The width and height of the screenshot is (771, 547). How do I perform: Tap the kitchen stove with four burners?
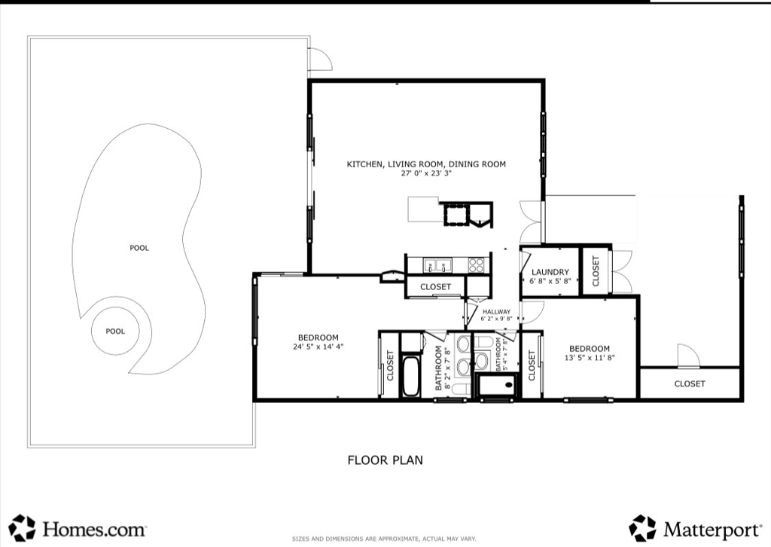(476, 265)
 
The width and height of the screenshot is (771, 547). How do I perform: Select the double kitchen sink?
(438, 265)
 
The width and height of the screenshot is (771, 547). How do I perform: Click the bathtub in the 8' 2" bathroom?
(411, 377)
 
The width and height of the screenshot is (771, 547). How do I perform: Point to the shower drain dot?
(509, 385)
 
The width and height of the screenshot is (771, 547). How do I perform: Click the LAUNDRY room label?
(550, 272)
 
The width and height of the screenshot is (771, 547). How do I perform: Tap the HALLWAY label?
(496, 312)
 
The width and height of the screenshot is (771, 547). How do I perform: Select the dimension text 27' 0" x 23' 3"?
(426, 173)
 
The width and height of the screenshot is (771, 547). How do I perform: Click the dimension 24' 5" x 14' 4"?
(318, 347)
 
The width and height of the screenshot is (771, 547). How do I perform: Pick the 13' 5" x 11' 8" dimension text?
(590, 358)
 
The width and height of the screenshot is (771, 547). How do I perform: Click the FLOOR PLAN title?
(385, 460)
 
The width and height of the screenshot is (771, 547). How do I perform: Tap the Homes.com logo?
(78, 528)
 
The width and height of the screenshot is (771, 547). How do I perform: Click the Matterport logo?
(695, 529)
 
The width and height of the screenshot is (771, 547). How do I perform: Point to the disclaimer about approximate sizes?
(384, 539)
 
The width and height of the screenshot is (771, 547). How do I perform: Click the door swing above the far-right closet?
(688, 356)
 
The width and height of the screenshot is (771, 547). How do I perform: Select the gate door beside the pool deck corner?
(320, 60)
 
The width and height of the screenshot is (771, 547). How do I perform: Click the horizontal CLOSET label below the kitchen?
(436, 287)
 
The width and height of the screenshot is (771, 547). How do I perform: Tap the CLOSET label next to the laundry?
(596, 270)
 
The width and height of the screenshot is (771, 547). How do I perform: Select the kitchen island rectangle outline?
(423, 209)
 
